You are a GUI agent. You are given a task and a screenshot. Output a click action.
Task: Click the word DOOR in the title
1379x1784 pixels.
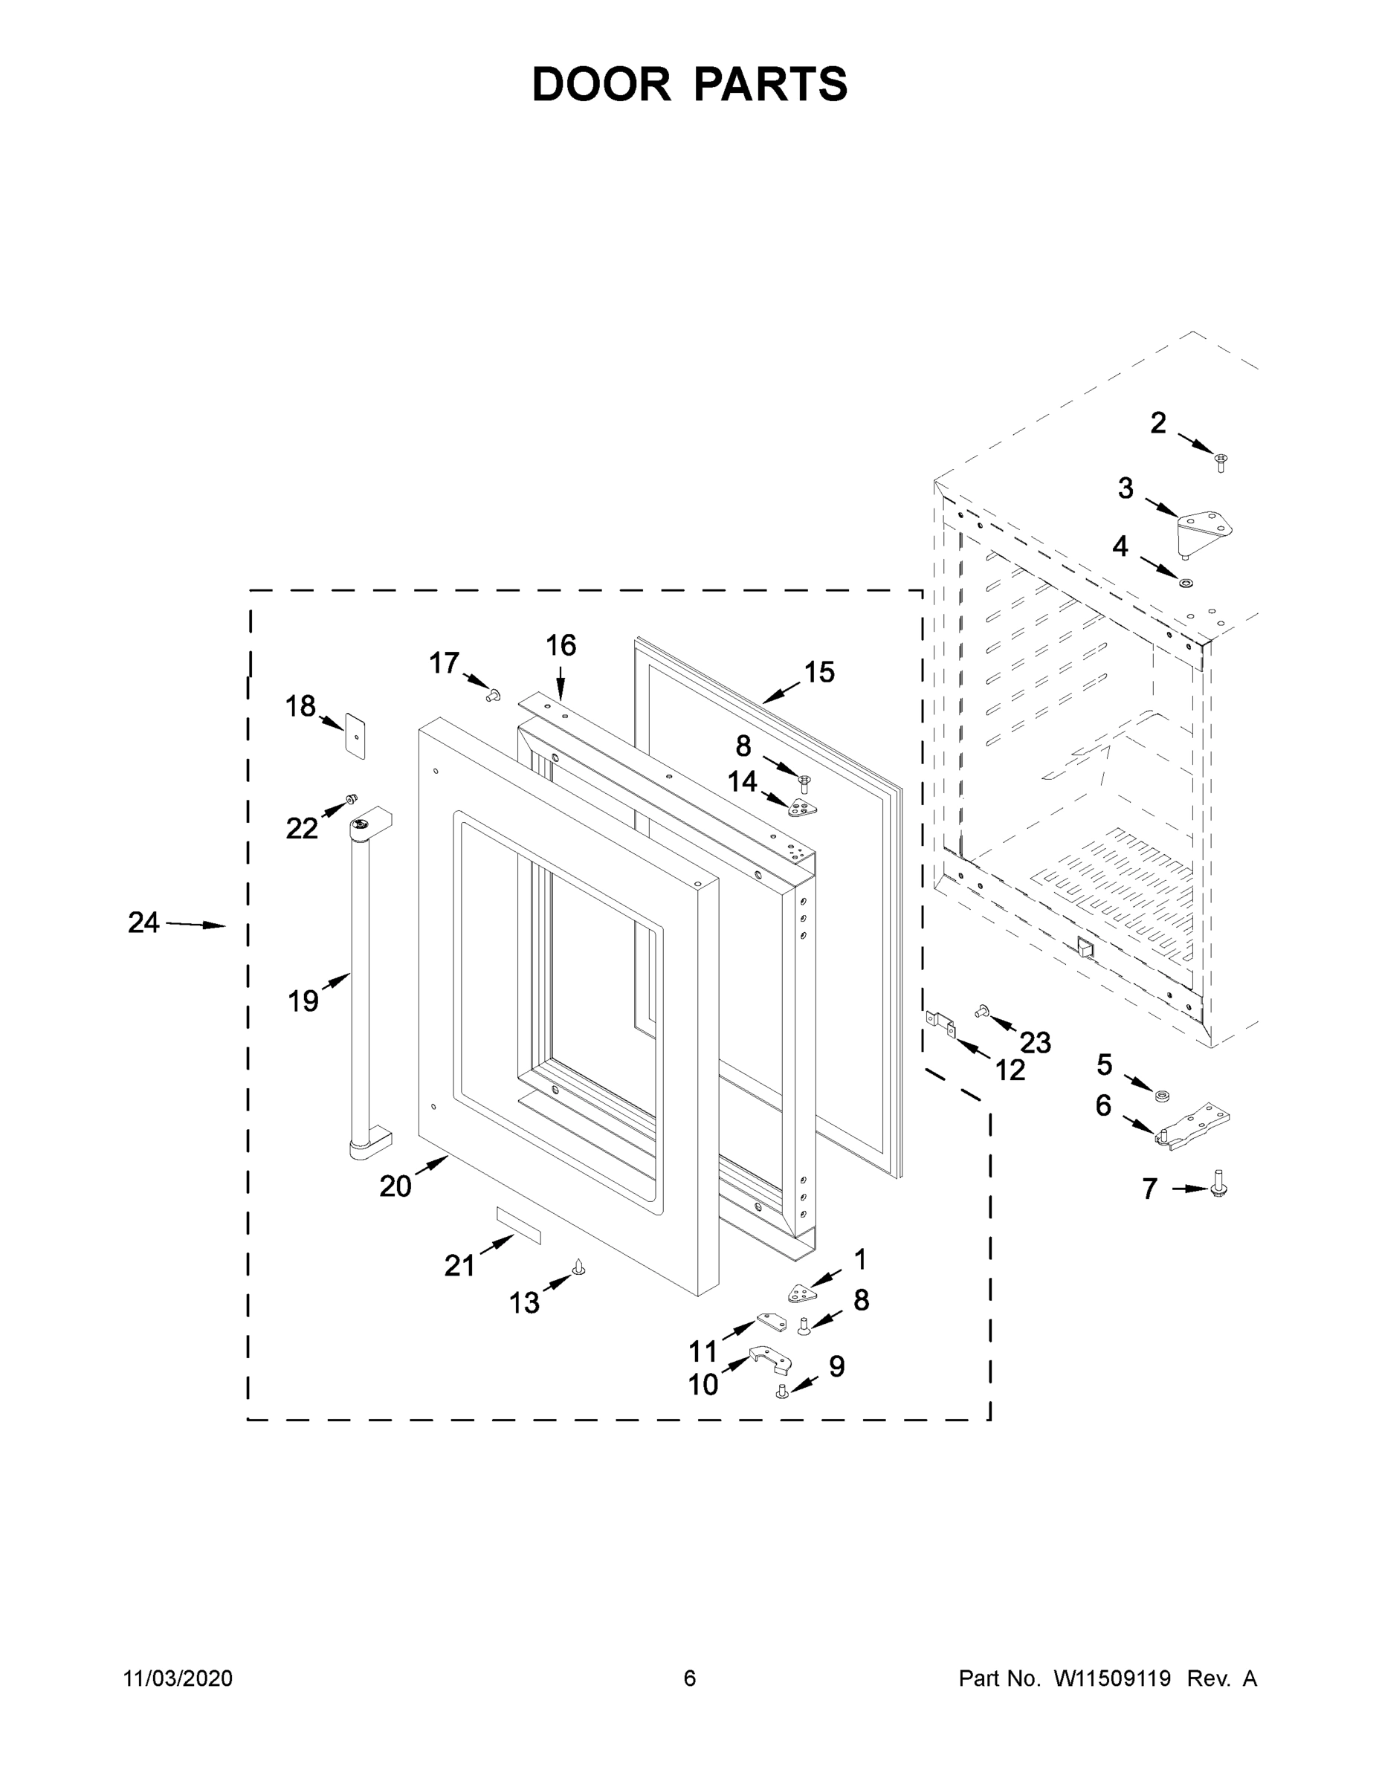pyautogui.click(x=601, y=84)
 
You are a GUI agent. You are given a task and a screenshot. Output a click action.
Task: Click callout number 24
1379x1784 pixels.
pyautogui.click(x=143, y=923)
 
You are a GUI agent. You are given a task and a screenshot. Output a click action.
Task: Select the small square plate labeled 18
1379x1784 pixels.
pyautogui.click(x=355, y=735)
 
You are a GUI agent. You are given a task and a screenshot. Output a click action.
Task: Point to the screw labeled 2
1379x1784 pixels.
pyautogui.click(x=1221, y=462)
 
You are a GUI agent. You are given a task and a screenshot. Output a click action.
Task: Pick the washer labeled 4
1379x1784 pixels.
pyautogui.click(x=1183, y=584)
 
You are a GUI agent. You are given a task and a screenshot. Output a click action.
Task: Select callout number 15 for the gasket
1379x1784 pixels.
pyautogui.click(x=818, y=672)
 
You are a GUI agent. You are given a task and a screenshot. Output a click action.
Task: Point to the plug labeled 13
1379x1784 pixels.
pyautogui.click(x=579, y=1266)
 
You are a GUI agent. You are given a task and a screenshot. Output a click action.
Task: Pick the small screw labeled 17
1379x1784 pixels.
pyautogui.click(x=493, y=695)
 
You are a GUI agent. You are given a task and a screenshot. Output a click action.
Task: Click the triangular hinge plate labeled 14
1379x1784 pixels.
pyautogui.click(x=802, y=809)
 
